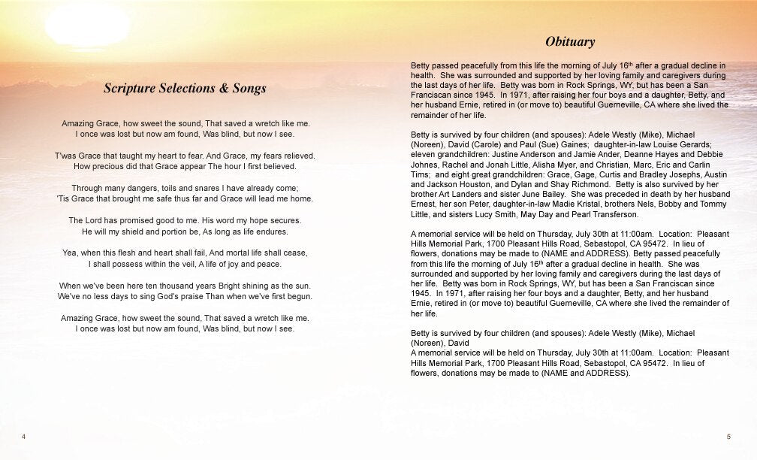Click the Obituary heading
pos(570,41)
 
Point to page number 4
pos(24,437)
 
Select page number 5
pos(728,437)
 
